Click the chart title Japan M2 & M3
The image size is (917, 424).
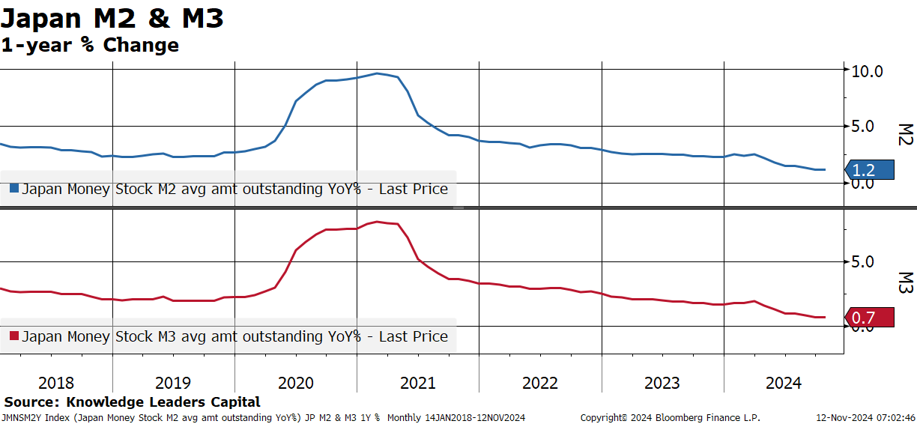tap(112, 19)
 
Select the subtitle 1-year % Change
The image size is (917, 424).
tap(90, 45)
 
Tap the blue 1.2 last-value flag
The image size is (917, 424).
tap(870, 170)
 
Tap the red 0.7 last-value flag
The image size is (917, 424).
tap(870, 317)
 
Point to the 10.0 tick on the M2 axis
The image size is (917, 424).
tap(867, 72)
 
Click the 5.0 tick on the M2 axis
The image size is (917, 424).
tap(862, 127)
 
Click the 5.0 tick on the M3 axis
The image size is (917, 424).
tap(862, 262)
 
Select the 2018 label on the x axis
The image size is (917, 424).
tap(56, 383)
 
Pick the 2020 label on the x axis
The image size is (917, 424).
tap(296, 383)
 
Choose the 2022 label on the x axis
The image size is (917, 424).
tap(540, 383)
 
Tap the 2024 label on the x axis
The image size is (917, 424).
tap(784, 383)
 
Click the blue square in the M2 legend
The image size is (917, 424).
tap(14, 188)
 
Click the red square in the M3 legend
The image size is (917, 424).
tap(14, 336)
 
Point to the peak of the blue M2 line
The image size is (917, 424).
tap(377, 73)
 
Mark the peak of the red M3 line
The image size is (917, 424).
tap(377, 222)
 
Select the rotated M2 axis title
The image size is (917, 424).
tap(906, 135)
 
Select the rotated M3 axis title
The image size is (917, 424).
tap(906, 283)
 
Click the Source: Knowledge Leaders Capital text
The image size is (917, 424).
tap(132, 402)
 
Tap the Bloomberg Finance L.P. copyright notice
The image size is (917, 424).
tap(671, 418)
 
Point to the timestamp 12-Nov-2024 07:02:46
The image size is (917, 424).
tap(866, 418)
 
